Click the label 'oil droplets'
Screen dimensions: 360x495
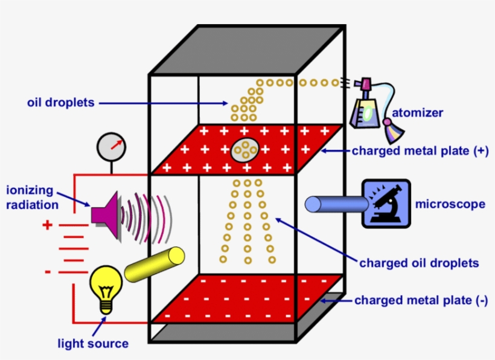click(61, 103)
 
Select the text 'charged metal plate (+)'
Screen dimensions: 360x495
click(420, 150)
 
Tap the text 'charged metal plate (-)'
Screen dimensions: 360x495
click(421, 300)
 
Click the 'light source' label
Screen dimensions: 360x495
click(93, 344)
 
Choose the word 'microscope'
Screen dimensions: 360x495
click(450, 204)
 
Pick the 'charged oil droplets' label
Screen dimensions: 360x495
click(419, 263)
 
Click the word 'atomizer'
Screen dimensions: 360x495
click(418, 112)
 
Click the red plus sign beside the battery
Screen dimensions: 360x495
click(48, 226)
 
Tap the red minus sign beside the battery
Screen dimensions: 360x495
click(48, 272)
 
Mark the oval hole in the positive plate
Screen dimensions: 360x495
click(246, 150)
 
